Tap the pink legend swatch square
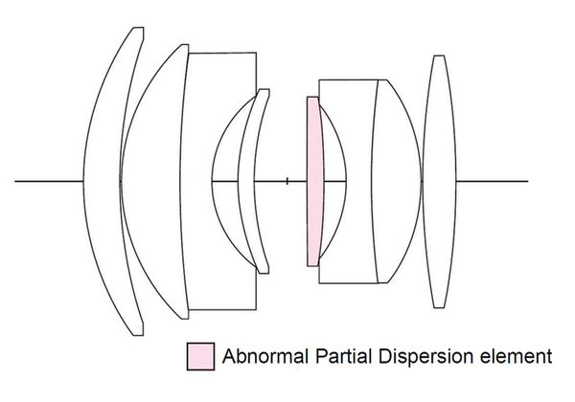coord(199,355)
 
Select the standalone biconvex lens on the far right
coord(439,181)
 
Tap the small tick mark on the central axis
coord(287,180)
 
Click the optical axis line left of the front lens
coord(48,180)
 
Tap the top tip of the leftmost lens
coord(139,29)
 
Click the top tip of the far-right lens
coord(439,56)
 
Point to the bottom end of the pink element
coord(312,263)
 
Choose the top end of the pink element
coord(311,98)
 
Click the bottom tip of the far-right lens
coord(439,307)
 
